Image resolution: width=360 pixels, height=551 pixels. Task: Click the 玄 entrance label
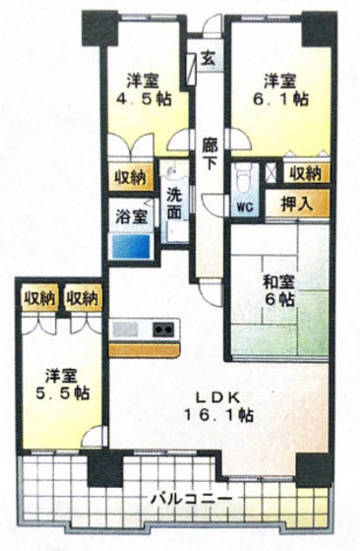[x=209, y=57]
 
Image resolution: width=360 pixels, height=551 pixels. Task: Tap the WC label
[x=244, y=208]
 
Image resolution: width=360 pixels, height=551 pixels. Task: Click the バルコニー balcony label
[x=192, y=499]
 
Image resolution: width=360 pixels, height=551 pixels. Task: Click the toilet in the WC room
[x=243, y=177]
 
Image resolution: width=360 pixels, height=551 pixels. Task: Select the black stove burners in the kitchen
[x=161, y=329]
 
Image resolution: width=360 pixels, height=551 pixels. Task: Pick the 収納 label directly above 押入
[x=305, y=172]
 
